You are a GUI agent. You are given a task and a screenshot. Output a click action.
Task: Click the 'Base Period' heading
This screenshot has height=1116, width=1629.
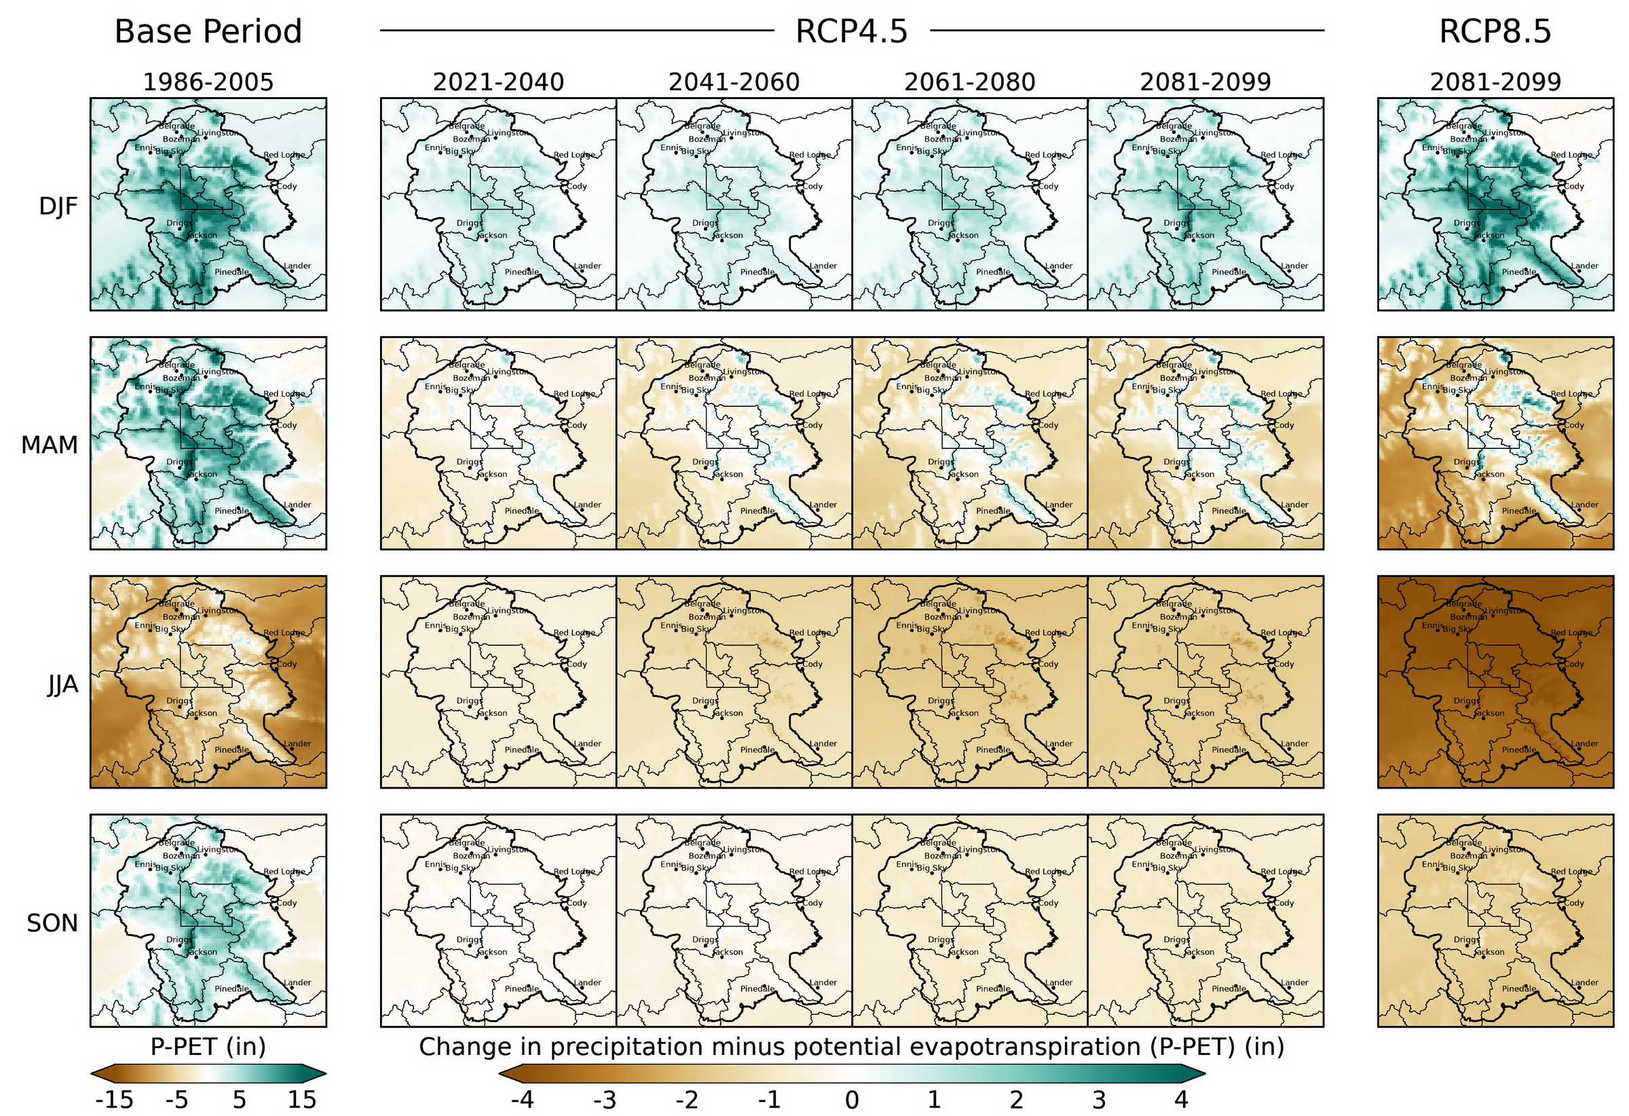tap(208, 31)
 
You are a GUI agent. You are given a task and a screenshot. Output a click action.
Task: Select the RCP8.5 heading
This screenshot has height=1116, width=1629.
tap(1495, 31)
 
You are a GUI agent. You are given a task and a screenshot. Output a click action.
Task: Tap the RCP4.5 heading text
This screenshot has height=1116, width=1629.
tap(851, 31)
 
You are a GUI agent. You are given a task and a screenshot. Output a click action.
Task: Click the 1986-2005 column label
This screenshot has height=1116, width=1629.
tap(208, 82)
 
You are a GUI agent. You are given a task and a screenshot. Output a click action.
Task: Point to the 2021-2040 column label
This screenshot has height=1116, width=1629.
tap(498, 82)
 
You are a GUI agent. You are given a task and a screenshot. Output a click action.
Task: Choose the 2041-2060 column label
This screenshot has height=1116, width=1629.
tap(733, 82)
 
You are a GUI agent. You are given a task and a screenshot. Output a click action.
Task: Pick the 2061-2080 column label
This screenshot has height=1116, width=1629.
tap(969, 82)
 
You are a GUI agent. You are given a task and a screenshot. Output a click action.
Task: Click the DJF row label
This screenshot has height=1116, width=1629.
tap(58, 206)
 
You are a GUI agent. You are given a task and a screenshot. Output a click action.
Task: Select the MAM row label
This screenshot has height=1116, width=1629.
tap(49, 445)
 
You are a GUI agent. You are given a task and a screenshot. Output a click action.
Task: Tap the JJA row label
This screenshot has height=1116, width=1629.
tap(62, 684)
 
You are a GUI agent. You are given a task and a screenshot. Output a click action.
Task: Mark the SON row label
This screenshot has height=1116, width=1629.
tap(52, 923)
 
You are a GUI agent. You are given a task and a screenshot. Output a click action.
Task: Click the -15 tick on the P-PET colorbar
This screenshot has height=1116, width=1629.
tap(113, 1099)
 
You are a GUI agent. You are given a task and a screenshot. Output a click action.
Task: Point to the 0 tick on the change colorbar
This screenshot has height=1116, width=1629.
tap(851, 1099)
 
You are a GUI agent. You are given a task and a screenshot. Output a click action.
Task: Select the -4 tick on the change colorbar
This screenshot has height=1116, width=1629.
tap(522, 1099)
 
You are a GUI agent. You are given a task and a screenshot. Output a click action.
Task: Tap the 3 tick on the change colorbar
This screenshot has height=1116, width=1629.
tap(1098, 1099)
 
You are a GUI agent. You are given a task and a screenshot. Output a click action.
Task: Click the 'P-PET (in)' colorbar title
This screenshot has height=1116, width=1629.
tap(208, 1047)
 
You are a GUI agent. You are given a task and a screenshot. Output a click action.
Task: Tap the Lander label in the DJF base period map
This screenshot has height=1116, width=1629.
tap(297, 266)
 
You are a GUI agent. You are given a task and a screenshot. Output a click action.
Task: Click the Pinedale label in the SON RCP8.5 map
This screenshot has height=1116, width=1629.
tap(1518, 988)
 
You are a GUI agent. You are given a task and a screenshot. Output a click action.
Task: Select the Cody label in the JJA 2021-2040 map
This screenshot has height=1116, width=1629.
tap(577, 664)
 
